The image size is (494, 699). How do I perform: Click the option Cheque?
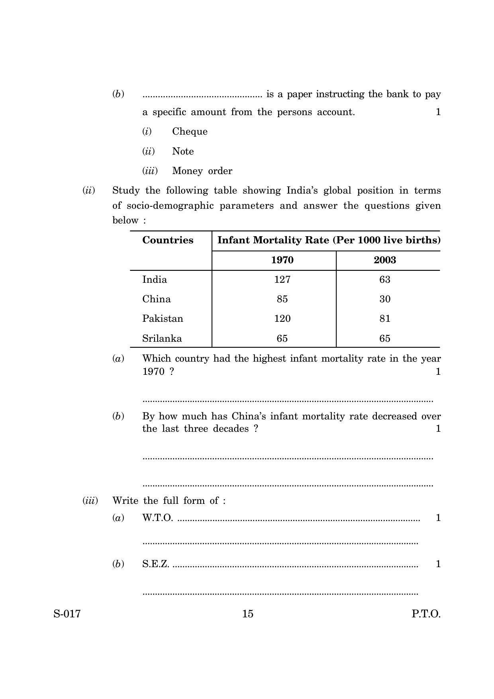(x=190, y=131)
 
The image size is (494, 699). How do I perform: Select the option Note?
(x=183, y=151)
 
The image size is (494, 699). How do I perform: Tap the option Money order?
(x=202, y=171)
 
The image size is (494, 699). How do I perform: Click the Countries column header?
(x=168, y=240)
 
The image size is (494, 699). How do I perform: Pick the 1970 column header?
(x=282, y=260)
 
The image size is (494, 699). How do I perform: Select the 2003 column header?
(x=384, y=260)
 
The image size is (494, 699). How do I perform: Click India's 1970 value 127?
(x=282, y=280)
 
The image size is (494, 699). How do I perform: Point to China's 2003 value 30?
(x=384, y=299)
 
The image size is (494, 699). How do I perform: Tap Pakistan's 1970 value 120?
(x=282, y=319)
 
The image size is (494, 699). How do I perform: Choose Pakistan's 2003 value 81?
(x=384, y=319)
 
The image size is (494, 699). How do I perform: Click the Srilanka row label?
(x=162, y=339)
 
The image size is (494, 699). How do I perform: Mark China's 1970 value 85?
(x=282, y=299)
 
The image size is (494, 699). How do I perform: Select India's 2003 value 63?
(x=384, y=280)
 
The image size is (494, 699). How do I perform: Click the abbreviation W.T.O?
(x=157, y=518)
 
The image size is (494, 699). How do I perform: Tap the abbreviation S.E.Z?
(x=156, y=564)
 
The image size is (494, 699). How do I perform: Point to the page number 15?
(x=247, y=614)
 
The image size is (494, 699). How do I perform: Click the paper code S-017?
(x=67, y=614)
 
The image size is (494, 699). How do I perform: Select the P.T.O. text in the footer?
(x=426, y=614)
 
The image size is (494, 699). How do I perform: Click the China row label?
(x=156, y=299)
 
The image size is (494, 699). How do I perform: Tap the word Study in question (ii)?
(x=126, y=190)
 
